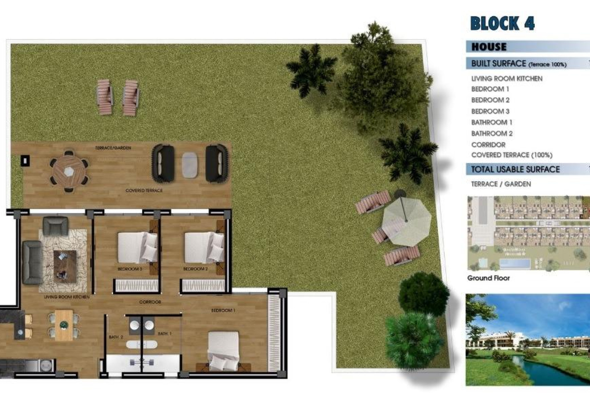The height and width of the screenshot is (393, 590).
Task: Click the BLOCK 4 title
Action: tap(502, 23)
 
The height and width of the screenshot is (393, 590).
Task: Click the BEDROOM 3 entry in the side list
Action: tap(490, 111)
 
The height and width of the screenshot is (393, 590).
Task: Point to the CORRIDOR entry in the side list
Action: tap(488, 145)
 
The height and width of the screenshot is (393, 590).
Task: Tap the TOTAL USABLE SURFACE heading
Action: tap(515, 169)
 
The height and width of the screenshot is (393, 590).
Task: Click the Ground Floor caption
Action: tap(488, 278)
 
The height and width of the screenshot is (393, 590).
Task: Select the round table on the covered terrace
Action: tap(69, 171)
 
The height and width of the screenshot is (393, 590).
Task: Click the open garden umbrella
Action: tap(406, 220)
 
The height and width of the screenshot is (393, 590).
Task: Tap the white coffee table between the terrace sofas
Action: tap(190, 165)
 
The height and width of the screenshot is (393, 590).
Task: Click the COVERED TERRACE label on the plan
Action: tap(144, 191)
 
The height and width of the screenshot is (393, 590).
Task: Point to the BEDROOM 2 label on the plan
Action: tap(195, 269)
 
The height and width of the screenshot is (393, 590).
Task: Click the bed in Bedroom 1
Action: tap(223, 350)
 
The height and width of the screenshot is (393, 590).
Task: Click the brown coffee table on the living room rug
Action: tap(65, 266)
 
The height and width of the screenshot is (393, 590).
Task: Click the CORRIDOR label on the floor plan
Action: tap(150, 302)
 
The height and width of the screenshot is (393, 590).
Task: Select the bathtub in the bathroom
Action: tap(142, 344)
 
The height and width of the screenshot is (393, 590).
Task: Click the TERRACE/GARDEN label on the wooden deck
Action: tap(113, 148)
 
